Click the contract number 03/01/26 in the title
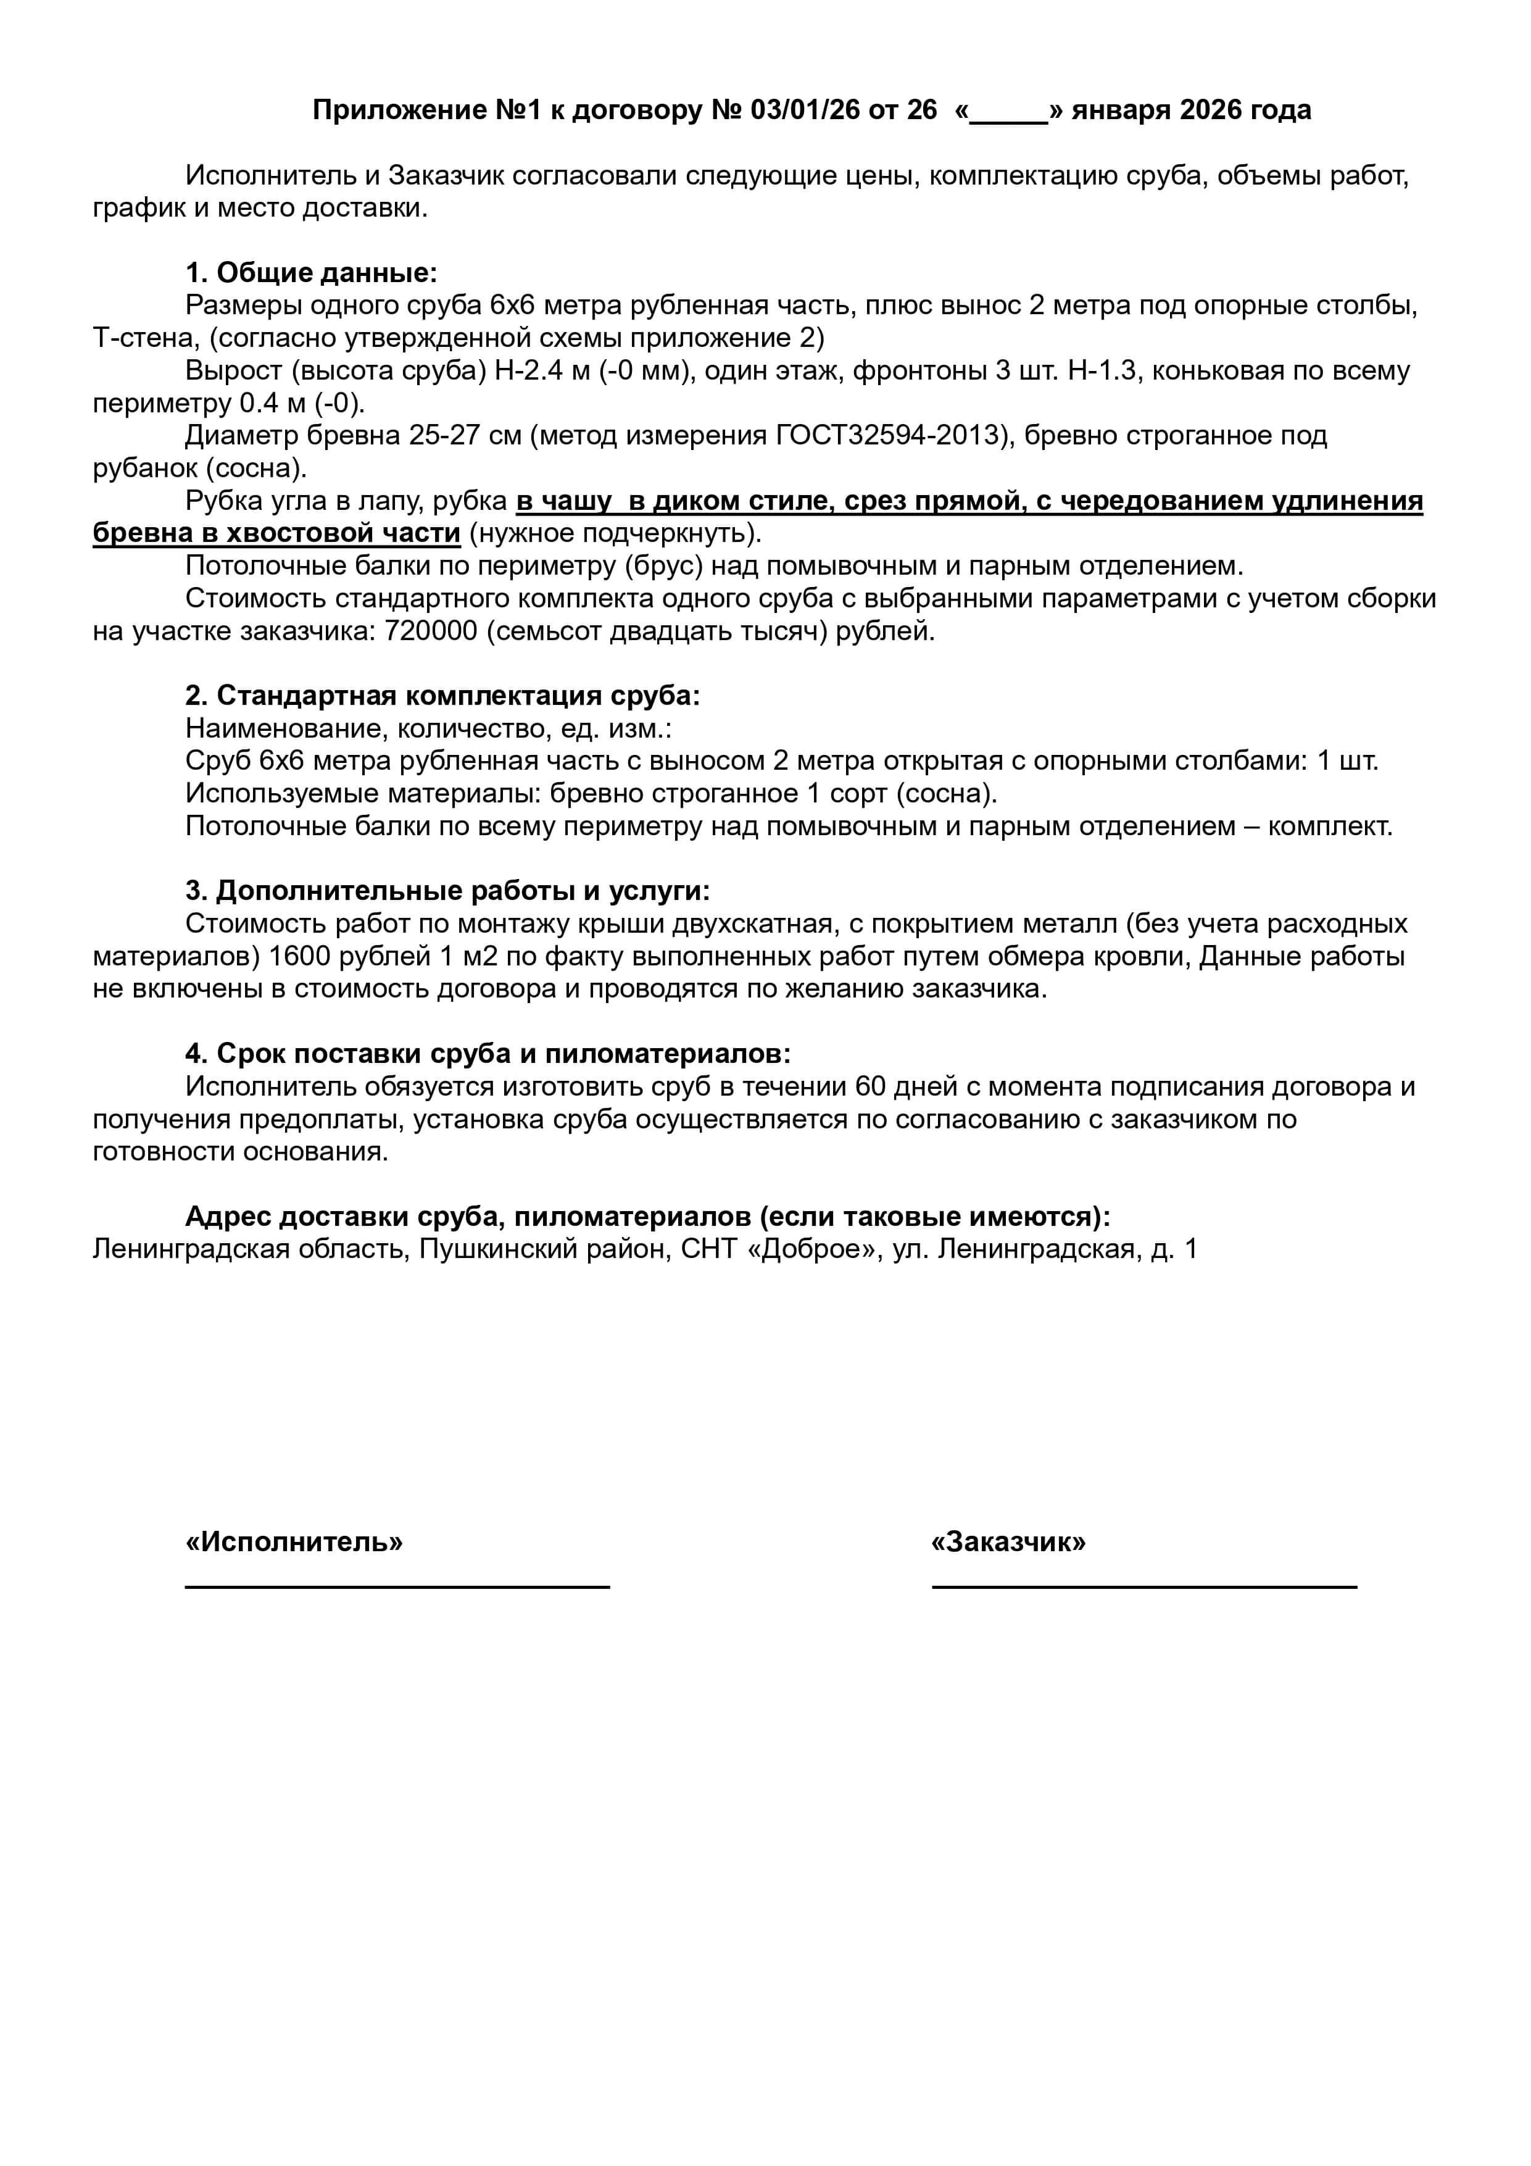(805, 110)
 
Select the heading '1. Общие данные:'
(311, 273)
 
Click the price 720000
(430, 630)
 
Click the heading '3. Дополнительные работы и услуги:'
(447, 891)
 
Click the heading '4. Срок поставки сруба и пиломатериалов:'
(488, 1054)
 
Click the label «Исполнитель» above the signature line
(294, 1541)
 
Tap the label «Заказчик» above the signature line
(1008, 1541)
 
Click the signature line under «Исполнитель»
(397, 1587)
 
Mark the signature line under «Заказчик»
(1144, 1587)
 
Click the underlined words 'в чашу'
(563, 501)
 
